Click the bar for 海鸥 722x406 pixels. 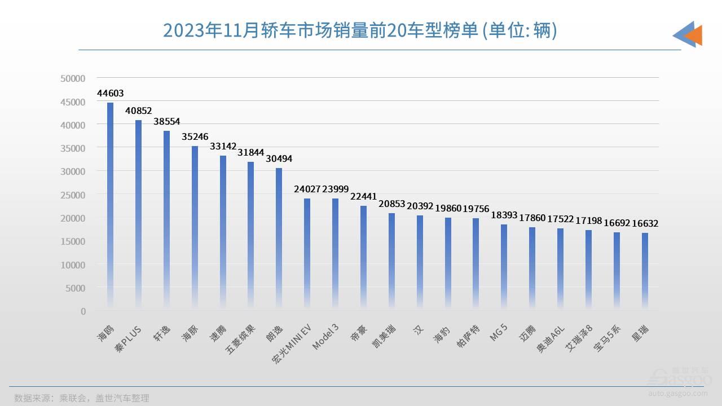tap(110, 203)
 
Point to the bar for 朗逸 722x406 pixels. tap(279, 237)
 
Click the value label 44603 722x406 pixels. tap(110, 94)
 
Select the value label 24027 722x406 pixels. tap(307, 189)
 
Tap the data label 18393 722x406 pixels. tap(504, 215)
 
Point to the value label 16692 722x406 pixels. tap(616, 223)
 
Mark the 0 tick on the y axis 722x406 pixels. tap(83, 311)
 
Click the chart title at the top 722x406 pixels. tap(360, 31)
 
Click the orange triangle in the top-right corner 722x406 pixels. tap(694, 35)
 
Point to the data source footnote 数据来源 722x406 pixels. tap(82, 398)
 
